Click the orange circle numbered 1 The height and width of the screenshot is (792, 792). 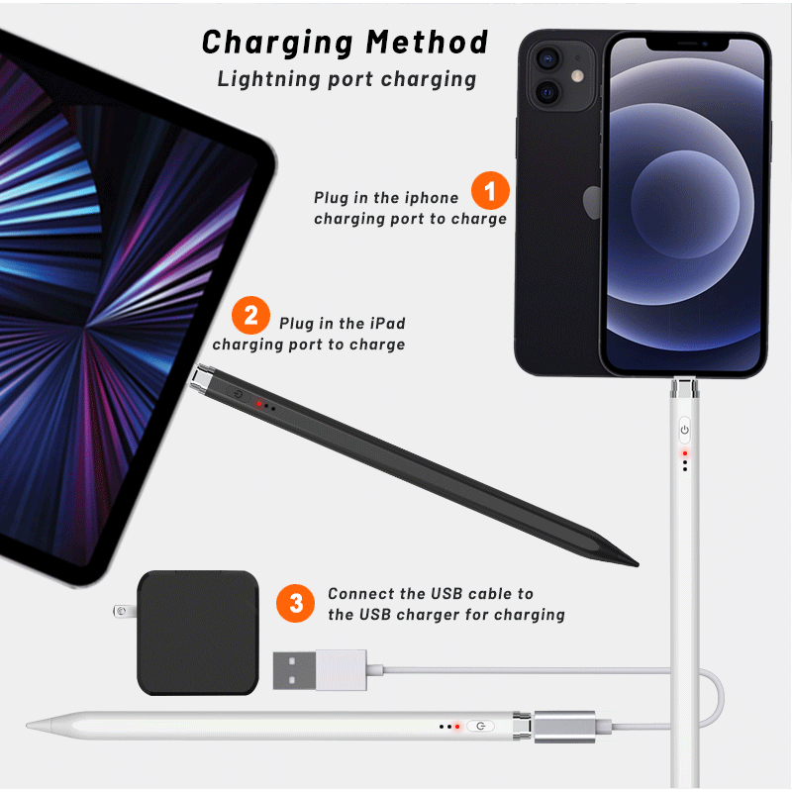click(x=490, y=191)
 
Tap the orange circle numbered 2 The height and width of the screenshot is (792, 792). click(x=250, y=317)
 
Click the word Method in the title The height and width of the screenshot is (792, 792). click(x=428, y=43)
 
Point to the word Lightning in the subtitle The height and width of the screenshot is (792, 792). click(x=259, y=79)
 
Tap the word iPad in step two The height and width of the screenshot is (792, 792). click(x=386, y=323)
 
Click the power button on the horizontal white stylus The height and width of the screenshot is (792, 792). click(x=480, y=727)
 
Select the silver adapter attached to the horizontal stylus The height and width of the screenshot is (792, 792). click(x=565, y=725)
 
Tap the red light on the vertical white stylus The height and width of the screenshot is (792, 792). click(x=684, y=452)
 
